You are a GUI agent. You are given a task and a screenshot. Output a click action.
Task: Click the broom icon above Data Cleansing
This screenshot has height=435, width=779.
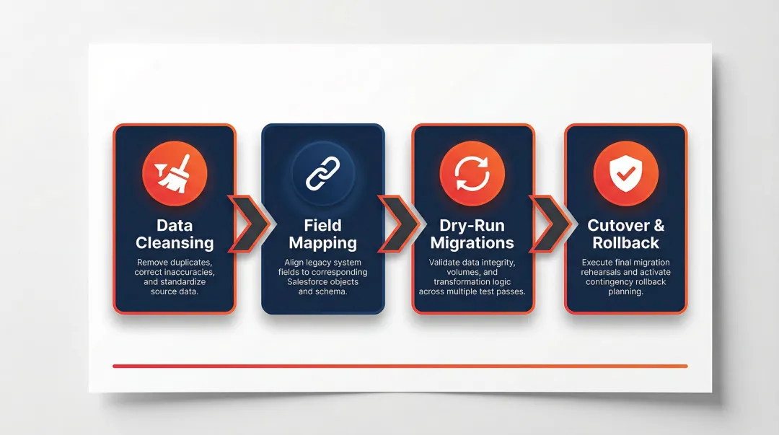(175, 173)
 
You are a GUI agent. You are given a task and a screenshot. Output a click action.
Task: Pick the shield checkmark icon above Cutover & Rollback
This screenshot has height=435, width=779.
(625, 174)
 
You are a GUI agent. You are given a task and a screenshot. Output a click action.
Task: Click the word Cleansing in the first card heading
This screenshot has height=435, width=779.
(175, 243)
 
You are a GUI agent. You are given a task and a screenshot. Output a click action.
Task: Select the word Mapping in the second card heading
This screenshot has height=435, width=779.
(322, 243)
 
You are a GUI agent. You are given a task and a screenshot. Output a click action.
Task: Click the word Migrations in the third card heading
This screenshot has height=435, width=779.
(472, 243)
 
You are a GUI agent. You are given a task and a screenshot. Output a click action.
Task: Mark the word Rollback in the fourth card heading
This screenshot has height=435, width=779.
(626, 243)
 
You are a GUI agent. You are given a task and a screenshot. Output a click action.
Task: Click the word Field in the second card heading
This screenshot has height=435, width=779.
(322, 225)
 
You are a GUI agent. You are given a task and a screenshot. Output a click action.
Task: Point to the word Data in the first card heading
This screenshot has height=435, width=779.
(175, 225)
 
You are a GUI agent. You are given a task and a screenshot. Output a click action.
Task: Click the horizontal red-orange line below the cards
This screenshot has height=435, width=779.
(400, 366)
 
